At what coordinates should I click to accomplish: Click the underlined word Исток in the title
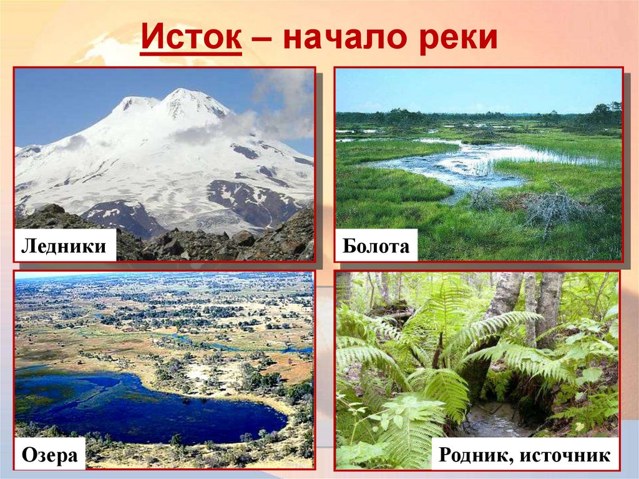pos(191,39)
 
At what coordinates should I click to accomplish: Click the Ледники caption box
pos(64,246)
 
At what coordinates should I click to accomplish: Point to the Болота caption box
pos(376,246)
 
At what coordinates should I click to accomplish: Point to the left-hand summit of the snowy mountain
pos(134,100)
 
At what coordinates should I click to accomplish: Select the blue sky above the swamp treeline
pos(474,87)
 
